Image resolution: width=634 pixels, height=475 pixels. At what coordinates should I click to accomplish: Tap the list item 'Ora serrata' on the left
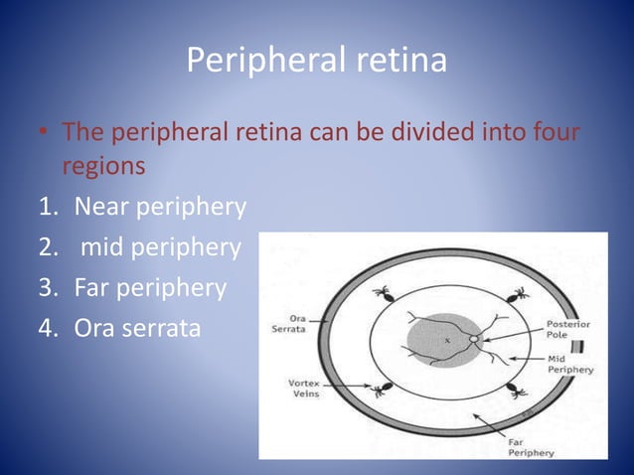pyautogui.click(x=137, y=328)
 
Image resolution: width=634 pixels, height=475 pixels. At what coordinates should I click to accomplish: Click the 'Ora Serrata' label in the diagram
pyautogui.click(x=289, y=325)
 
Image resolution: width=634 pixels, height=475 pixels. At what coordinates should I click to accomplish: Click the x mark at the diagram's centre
pyautogui.click(x=446, y=341)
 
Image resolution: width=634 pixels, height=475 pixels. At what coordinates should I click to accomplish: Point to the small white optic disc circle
pyautogui.click(x=475, y=340)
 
